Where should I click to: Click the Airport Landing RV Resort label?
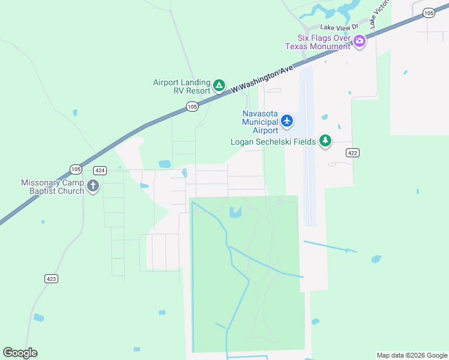click(x=181, y=86)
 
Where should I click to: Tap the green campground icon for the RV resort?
click(x=220, y=86)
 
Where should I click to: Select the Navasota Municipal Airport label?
click(x=260, y=122)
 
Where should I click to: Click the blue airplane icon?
click(x=287, y=121)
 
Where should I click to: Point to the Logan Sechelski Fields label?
click(x=273, y=142)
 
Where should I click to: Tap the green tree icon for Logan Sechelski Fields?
click(x=325, y=141)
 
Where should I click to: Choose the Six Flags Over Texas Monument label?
click(x=318, y=41)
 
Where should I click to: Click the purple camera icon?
click(x=360, y=41)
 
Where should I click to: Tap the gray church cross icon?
click(x=93, y=186)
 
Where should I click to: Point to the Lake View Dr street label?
click(x=339, y=27)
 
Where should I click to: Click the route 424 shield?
click(x=100, y=171)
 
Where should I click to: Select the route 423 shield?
click(x=51, y=278)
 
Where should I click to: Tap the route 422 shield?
click(x=352, y=153)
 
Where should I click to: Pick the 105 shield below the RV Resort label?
click(x=191, y=107)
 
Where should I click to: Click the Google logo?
click(x=20, y=353)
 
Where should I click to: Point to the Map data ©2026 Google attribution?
click(x=411, y=355)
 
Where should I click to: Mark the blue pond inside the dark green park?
click(x=235, y=212)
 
